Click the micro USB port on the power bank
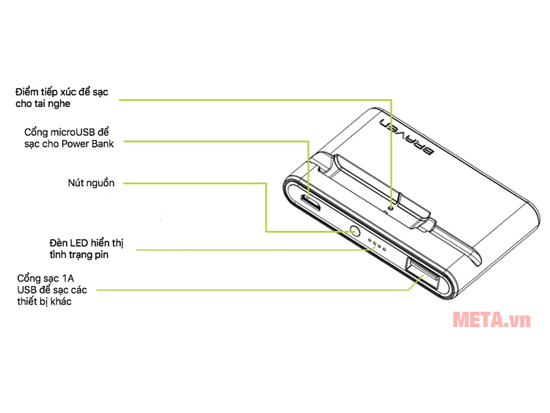click(x=311, y=202)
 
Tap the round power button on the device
click(x=355, y=232)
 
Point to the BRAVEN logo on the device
click(x=407, y=137)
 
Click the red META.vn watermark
click(x=492, y=320)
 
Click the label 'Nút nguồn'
click(x=91, y=183)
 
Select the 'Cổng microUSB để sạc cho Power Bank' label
click(x=69, y=138)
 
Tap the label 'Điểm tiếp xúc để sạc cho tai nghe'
click(x=62, y=98)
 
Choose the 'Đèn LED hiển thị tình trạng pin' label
click(x=87, y=249)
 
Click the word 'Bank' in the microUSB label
click(x=103, y=144)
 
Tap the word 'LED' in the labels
click(x=79, y=243)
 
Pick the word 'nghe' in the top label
click(x=59, y=104)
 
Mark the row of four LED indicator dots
click(x=377, y=245)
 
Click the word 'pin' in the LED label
click(x=101, y=255)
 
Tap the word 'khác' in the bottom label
click(x=61, y=301)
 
